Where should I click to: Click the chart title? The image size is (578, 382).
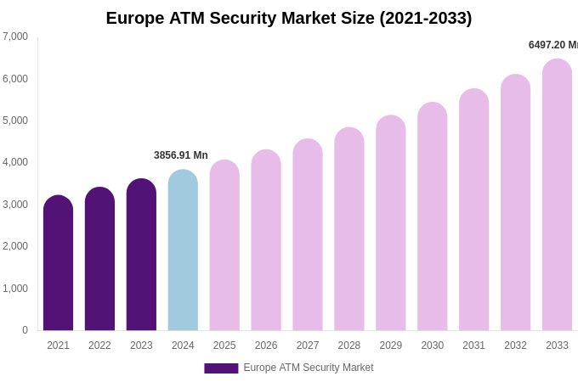click(x=289, y=18)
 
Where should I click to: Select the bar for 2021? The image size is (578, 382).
click(x=58, y=263)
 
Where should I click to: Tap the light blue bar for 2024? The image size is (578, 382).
click(x=183, y=250)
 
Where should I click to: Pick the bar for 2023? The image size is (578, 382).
click(x=141, y=255)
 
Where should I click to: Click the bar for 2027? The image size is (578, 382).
click(x=308, y=235)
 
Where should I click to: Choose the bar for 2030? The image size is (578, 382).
click(x=432, y=216)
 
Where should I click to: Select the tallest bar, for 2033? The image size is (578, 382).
click(x=557, y=195)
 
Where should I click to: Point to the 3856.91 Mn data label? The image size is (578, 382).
click(x=181, y=155)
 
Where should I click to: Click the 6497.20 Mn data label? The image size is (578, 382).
click(x=553, y=45)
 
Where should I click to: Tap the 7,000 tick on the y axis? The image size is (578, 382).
click(x=15, y=37)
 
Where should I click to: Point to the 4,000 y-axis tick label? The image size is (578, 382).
click(x=15, y=162)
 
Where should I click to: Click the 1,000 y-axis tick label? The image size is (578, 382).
click(x=15, y=289)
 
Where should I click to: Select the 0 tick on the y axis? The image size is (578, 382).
click(x=25, y=330)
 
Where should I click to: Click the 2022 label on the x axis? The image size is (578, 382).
click(x=99, y=345)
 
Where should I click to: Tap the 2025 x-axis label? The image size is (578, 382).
click(x=224, y=345)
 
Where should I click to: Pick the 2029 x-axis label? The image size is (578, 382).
click(x=391, y=345)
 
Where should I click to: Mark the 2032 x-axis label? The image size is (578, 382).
click(x=515, y=345)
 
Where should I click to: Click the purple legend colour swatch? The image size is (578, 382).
click(x=221, y=368)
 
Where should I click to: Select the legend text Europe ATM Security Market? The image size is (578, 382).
click(x=309, y=368)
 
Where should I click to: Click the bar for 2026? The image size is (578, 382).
click(x=266, y=240)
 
